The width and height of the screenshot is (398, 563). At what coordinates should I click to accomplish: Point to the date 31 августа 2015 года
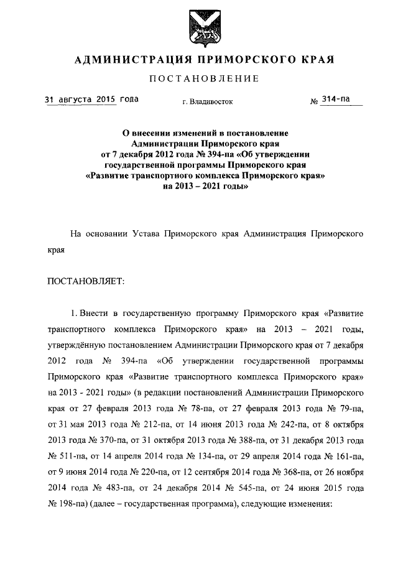[91, 100]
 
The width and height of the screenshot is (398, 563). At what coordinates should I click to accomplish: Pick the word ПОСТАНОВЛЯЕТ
[86, 281]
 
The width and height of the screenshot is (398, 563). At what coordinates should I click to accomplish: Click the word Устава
[146, 235]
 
